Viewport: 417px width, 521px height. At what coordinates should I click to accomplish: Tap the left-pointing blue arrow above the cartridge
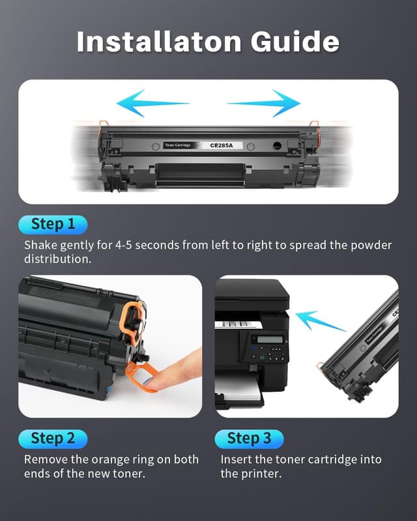pyautogui.click(x=151, y=103)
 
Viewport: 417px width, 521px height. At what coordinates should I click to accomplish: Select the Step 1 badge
pyautogui.click(x=53, y=224)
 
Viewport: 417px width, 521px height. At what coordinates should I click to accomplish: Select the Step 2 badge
pyautogui.click(x=53, y=438)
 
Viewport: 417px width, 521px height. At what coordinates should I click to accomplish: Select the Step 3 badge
pyautogui.click(x=249, y=438)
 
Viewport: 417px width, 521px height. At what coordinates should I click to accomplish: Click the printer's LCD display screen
pyautogui.click(x=269, y=339)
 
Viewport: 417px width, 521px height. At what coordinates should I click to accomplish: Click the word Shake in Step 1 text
pyautogui.click(x=42, y=246)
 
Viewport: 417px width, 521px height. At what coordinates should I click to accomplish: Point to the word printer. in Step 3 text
pyautogui.click(x=261, y=473)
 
